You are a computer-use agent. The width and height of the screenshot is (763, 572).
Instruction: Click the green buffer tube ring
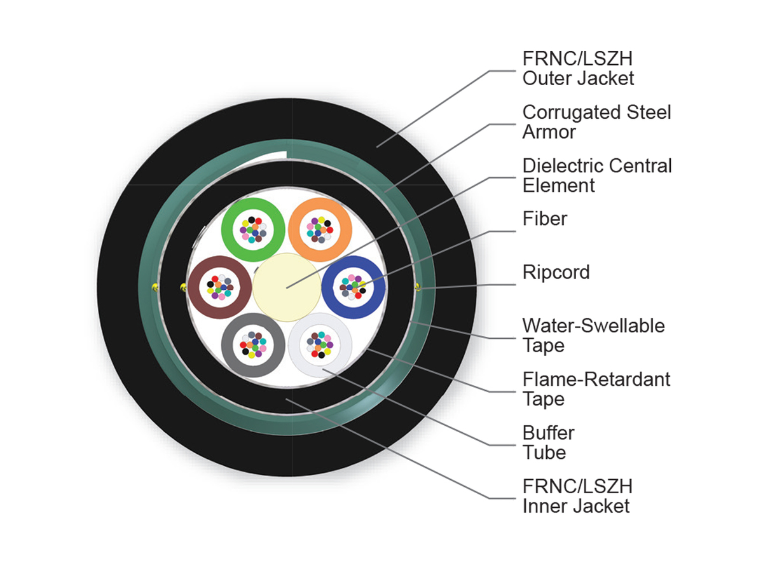(227, 229)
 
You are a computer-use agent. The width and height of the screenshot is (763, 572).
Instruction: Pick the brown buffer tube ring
(194, 287)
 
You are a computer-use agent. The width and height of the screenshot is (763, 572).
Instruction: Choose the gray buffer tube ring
(227, 345)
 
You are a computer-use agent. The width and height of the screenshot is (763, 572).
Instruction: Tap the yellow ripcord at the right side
(418, 287)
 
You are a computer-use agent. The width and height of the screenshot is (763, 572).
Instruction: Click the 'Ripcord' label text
(556, 272)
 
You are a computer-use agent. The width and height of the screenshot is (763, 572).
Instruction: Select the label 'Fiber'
(545, 219)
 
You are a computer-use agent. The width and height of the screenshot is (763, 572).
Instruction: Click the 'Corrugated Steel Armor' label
(596, 122)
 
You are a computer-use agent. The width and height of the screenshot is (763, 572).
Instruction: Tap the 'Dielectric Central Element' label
(597, 175)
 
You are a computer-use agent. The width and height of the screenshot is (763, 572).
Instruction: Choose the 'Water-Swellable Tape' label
(593, 336)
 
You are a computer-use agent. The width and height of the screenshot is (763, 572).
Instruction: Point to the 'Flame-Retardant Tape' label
(596, 389)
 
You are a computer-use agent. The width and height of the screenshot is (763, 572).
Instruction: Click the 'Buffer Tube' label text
(548, 442)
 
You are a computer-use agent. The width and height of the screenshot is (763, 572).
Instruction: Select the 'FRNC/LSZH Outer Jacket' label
(578, 68)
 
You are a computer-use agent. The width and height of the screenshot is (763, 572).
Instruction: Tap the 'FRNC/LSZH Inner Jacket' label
(577, 496)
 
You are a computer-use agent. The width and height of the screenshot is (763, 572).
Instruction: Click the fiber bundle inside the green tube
(253, 229)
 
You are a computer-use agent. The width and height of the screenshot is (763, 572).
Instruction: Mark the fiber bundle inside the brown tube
(220, 287)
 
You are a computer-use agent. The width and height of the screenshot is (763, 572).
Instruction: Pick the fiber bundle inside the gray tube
(253, 345)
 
